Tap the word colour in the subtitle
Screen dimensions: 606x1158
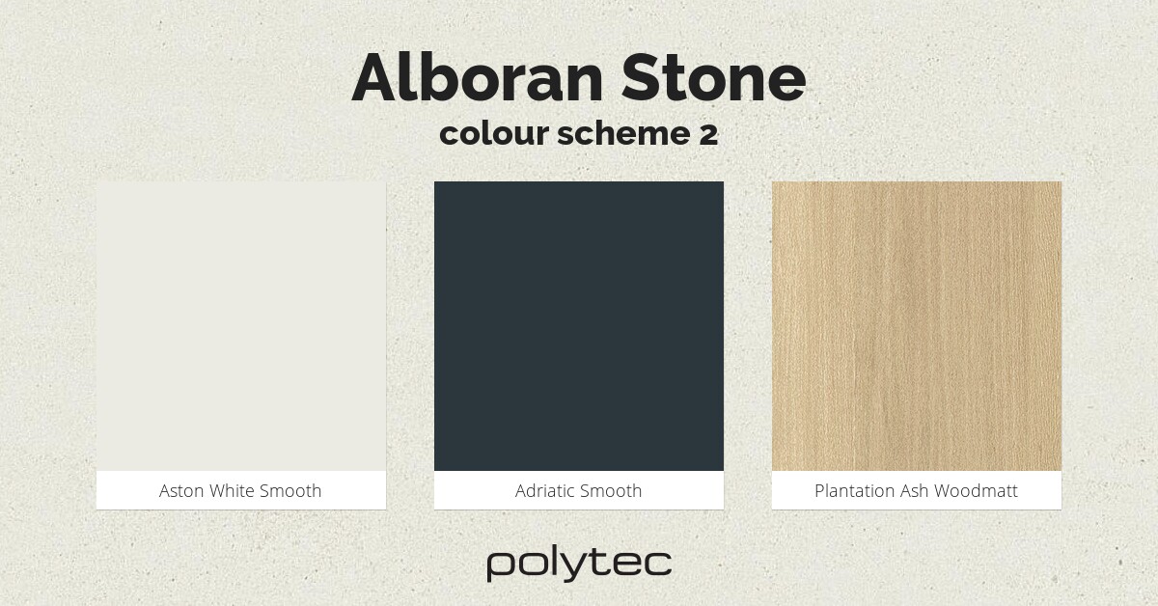(x=493, y=134)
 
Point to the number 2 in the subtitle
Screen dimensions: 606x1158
(x=707, y=134)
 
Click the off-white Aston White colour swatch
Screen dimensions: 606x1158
(x=241, y=326)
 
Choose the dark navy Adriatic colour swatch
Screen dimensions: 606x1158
(x=579, y=326)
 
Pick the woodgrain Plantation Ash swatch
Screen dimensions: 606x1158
(x=917, y=326)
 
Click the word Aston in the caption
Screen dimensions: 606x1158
(x=181, y=491)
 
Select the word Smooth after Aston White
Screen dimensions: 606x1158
(x=290, y=491)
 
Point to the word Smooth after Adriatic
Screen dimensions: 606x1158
(x=613, y=491)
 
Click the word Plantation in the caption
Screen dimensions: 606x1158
(x=855, y=491)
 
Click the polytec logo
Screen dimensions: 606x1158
(x=579, y=564)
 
